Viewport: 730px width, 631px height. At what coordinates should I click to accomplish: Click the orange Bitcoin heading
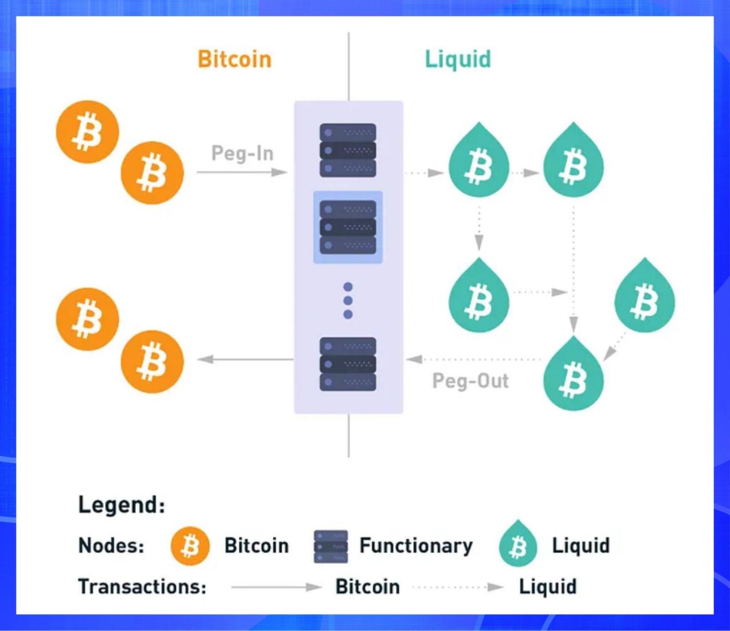(x=234, y=59)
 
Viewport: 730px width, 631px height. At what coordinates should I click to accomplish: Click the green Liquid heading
(x=458, y=59)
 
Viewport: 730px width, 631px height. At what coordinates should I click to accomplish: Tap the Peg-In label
(x=242, y=153)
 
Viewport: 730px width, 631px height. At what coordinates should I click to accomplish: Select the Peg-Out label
(x=470, y=381)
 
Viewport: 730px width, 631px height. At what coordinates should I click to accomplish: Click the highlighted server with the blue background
(x=348, y=227)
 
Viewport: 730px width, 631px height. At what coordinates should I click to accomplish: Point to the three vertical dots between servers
(x=348, y=301)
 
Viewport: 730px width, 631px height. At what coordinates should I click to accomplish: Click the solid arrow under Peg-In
(x=242, y=172)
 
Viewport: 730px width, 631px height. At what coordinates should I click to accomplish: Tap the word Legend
(x=121, y=505)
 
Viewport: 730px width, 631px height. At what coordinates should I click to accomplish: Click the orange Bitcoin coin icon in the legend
(x=190, y=546)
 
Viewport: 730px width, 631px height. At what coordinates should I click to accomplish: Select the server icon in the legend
(x=331, y=546)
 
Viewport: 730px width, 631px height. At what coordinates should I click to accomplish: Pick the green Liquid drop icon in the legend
(x=518, y=545)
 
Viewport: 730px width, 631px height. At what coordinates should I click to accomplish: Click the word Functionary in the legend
(x=416, y=546)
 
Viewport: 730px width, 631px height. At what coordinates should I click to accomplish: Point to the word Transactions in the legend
(x=142, y=587)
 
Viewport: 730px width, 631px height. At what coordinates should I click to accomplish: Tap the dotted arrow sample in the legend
(x=458, y=587)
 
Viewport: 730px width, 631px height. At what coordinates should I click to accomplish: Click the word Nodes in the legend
(x=111, y=546)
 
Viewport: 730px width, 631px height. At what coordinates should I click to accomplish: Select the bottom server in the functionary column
(x=348, y=364)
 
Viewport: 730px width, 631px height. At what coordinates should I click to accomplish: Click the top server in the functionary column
(x=348, y=150)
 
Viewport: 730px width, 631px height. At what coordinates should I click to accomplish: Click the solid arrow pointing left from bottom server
(x=245, y=360)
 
